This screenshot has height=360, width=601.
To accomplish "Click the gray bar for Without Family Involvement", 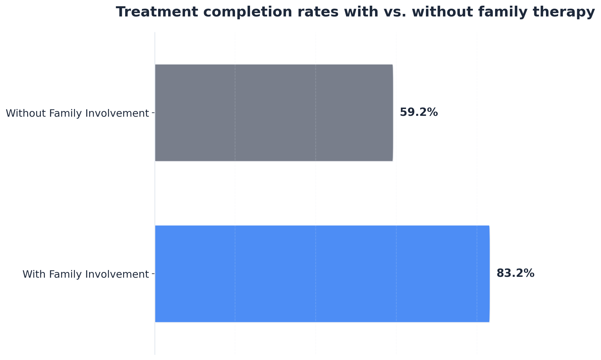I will coord(274,113).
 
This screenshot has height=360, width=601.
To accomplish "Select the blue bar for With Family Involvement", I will coord(322,274).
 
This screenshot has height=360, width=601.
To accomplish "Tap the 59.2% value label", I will coord(419,112).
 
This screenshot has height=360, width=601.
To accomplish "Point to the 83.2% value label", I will coord(515,273).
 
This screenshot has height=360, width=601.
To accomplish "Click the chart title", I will coord(355,12).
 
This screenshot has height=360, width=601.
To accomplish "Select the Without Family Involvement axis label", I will coord(77,113).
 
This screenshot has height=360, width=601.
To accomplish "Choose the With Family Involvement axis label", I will coord(85,274).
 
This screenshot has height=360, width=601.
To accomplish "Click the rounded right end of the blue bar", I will coord(489,274).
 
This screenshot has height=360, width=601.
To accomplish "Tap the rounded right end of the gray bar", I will coord(392,113).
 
